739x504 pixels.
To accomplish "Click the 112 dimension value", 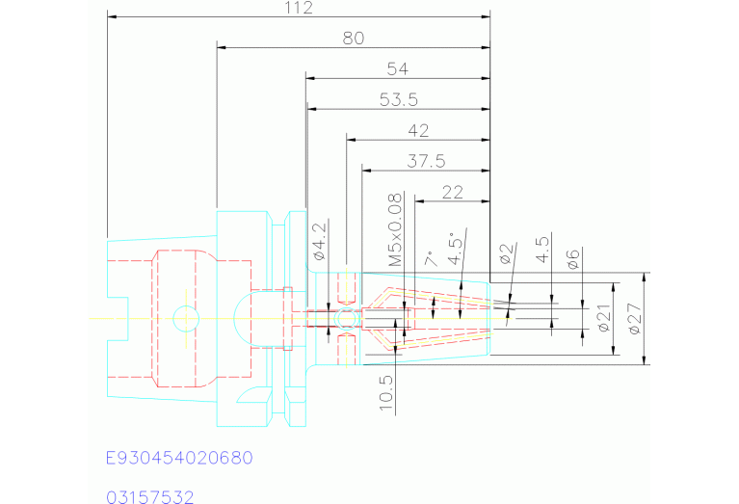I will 300,8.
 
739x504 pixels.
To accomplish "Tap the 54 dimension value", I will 397,68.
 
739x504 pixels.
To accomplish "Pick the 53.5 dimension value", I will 398,99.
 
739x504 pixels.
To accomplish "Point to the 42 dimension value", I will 419,130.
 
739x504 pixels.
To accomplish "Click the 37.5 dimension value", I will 426,161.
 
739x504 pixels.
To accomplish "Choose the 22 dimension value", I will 452,192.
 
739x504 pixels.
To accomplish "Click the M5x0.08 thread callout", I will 394,230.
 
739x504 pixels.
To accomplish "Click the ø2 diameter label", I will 507,254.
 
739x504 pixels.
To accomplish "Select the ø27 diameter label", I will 633,317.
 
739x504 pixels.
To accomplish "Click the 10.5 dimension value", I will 386,392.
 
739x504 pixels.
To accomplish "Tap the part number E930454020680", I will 178,457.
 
